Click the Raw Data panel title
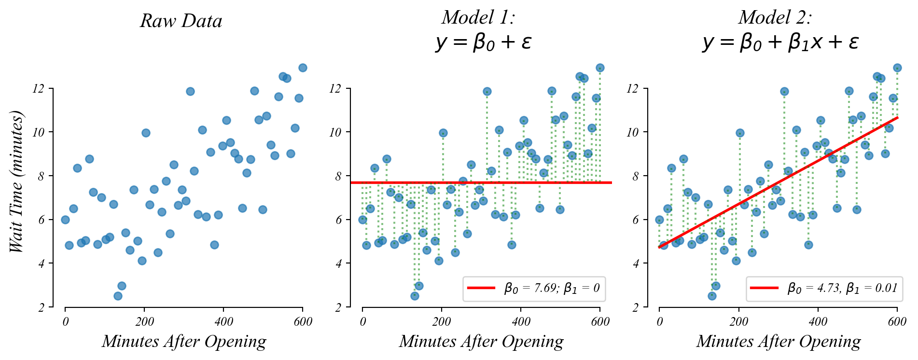coord(181,21)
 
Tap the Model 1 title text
coord(478,17)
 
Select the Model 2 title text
coord(775,17)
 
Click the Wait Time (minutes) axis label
coord(16,181)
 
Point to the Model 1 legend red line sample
coord(481,288)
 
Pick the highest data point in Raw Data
coord(303,68)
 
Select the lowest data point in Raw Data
coord(118,296)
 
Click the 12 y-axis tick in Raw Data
coord(38,89)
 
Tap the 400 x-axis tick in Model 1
coord(521,322)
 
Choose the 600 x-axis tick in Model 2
coord(897,322)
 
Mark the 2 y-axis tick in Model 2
coord(635,307)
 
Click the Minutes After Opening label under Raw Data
coord(184,342)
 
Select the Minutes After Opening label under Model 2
coord(778,342)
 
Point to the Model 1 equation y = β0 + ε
coord(483,42)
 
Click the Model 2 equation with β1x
coord(780,42)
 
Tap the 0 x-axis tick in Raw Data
coord(65,322)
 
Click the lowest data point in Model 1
coord(415,296)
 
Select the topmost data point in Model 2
coord(897,68)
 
